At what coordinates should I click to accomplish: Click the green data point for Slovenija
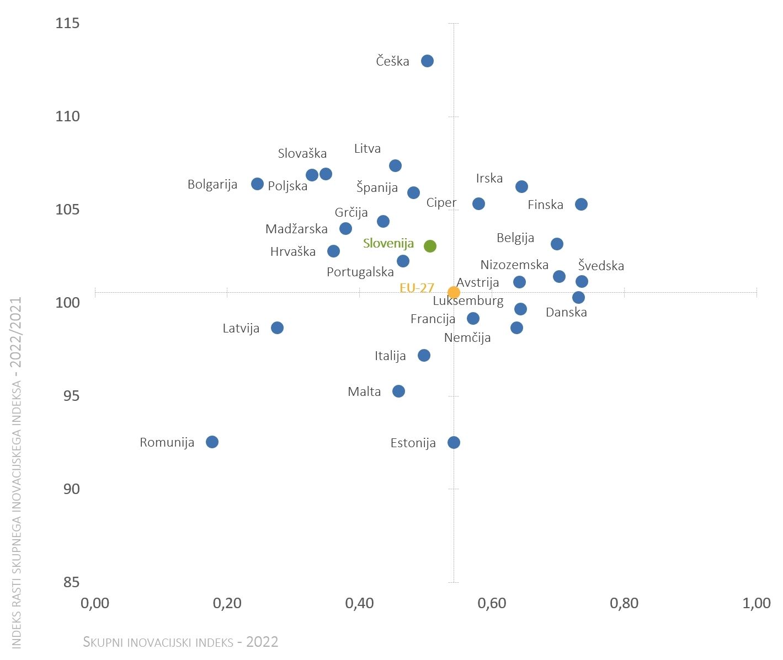(430, 246)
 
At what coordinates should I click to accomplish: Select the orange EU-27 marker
(454, 292)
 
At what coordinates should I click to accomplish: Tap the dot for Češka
(428, 61)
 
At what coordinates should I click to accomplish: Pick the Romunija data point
(212, 442)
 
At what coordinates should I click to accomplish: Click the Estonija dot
(454, 443)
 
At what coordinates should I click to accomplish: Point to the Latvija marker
(278, 328)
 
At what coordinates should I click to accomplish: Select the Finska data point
(581, 204)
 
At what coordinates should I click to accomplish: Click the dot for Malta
(398, 391)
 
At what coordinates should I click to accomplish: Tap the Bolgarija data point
(257, 184)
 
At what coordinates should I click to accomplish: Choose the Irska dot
(521, 186)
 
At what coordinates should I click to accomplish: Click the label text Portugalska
(360, 272)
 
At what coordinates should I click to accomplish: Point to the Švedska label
(601, 265)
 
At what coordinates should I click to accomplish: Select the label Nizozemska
(514, 265)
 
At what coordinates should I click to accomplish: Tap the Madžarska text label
(297, 229)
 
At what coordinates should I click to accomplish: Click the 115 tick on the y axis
(67, 23)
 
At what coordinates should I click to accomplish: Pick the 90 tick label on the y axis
(71, 489)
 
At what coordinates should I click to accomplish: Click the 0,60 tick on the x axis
(492, 603)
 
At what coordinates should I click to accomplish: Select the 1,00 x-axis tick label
(757, 603)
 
